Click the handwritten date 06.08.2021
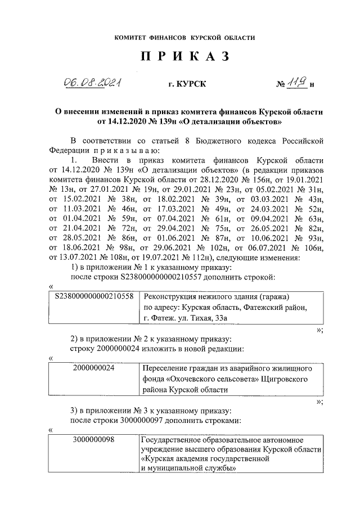coord(93,84)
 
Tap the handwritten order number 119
coord(298,84)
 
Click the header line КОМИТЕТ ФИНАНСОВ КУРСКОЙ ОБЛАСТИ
coord(184,38)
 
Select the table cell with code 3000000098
coord(94,439)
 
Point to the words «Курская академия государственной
coord(205,458)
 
